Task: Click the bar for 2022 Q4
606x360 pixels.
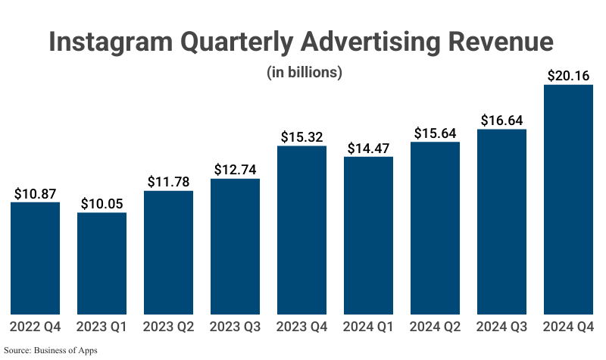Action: click(x=35, y=258)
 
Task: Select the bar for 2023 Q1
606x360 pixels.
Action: click(x=102, y=263)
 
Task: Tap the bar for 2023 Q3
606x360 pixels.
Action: click(x=235, y=246)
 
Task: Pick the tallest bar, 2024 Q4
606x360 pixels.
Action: click(x=568, y=199)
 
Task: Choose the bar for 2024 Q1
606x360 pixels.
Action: click(x=368, y=235)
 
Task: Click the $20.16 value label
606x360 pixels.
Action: click(x=568, y=75)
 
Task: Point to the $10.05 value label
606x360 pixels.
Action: click(x=102, y=203)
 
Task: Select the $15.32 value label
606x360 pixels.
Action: click(x=301, y=136)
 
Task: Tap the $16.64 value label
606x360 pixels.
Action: click(x=501, y=120)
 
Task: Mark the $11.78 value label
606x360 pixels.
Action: click(x=168, y=181)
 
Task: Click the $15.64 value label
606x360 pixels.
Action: click(x=435, y=133)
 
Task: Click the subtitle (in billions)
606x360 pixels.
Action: click(x=305, y=73)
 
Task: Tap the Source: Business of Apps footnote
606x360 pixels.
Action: click(x=52, y=350)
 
